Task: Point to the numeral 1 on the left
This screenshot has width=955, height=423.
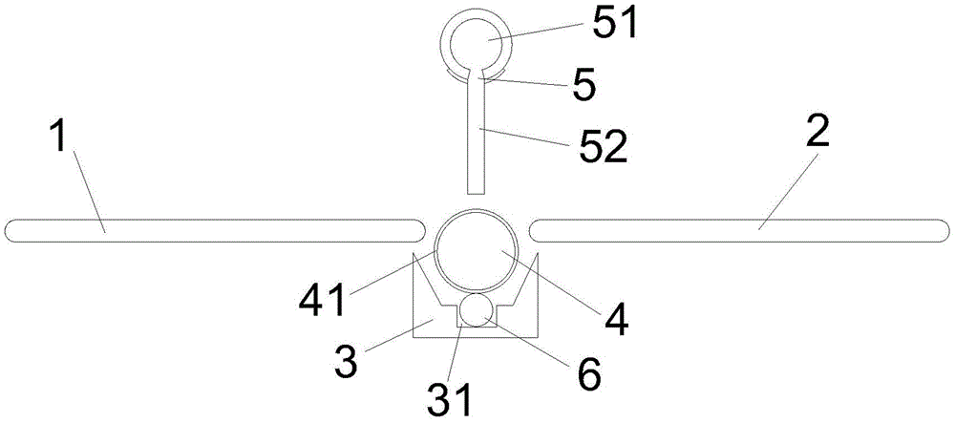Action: point(57,137)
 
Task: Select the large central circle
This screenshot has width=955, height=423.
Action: point(477,250)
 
